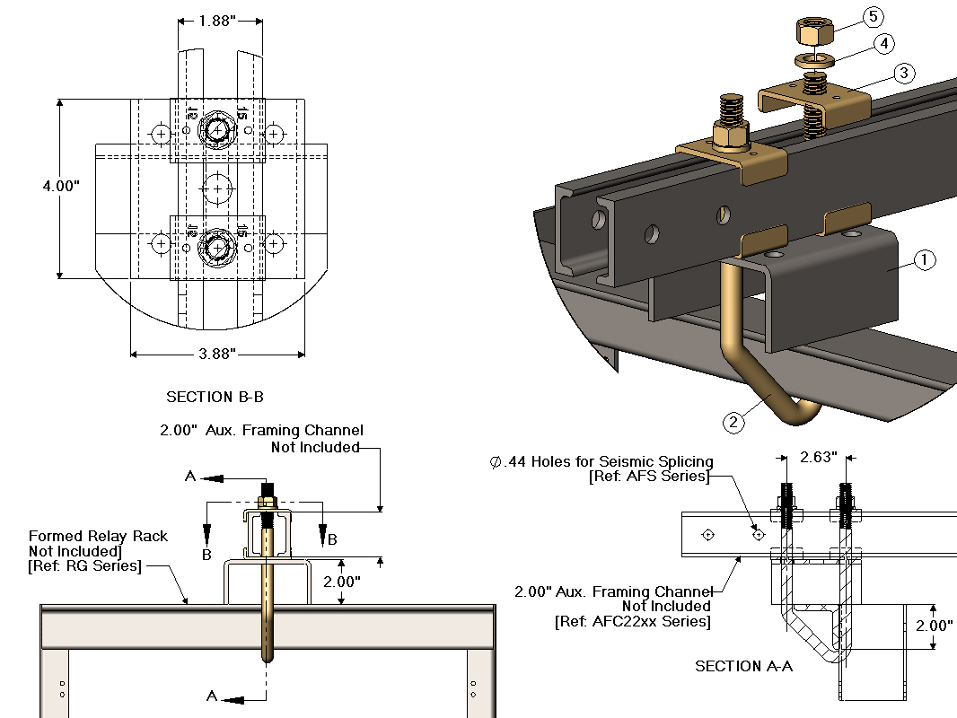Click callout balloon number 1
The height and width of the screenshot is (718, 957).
click(x=924, y=260)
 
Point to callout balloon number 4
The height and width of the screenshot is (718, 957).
click(x=884, y=43)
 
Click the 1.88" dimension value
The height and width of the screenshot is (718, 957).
click(x=219, y=21)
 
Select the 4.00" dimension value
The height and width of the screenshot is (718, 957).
click(x=61, y=187)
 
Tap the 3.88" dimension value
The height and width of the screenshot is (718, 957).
click(x=216, y=354)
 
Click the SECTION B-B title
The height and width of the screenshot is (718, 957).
click(x=215, y=397)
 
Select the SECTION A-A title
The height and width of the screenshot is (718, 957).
click(x=743, y=666)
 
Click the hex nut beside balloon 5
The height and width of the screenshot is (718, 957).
click(x=814, y=33)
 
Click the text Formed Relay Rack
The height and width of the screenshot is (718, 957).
click(x=98, y=536)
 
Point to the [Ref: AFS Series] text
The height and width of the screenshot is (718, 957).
click(x=649, y=477)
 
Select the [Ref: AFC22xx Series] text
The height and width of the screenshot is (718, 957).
click(x=632, y=621)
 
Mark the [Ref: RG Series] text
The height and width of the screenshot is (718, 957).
click(x=85, y=565)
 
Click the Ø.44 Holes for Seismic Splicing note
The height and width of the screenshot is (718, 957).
click(x=600, y=462)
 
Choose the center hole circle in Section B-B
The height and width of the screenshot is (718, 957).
click(x=216, y=188)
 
